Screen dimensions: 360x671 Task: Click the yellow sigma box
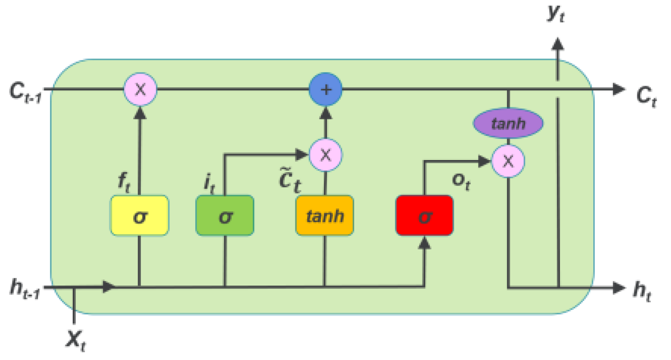[139, 216]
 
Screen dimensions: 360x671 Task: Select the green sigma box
[225, 216]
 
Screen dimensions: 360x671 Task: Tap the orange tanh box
[325, 216]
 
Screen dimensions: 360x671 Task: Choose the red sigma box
[424, 216]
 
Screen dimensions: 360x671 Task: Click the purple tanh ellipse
[508, 123]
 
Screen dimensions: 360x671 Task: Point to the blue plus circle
[325, 89]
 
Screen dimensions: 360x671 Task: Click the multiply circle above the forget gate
[140, 89]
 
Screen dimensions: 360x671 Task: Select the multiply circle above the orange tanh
[325, 155]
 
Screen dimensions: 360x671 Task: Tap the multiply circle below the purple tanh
[508, 161]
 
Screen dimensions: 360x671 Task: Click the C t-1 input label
[25, 92]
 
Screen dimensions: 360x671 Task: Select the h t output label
[642, 291]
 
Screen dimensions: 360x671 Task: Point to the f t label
[124, 181]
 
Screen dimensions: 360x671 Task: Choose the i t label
[209, 183]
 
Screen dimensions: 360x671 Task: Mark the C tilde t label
[290, 180]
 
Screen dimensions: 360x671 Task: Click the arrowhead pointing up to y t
[557, 44]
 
